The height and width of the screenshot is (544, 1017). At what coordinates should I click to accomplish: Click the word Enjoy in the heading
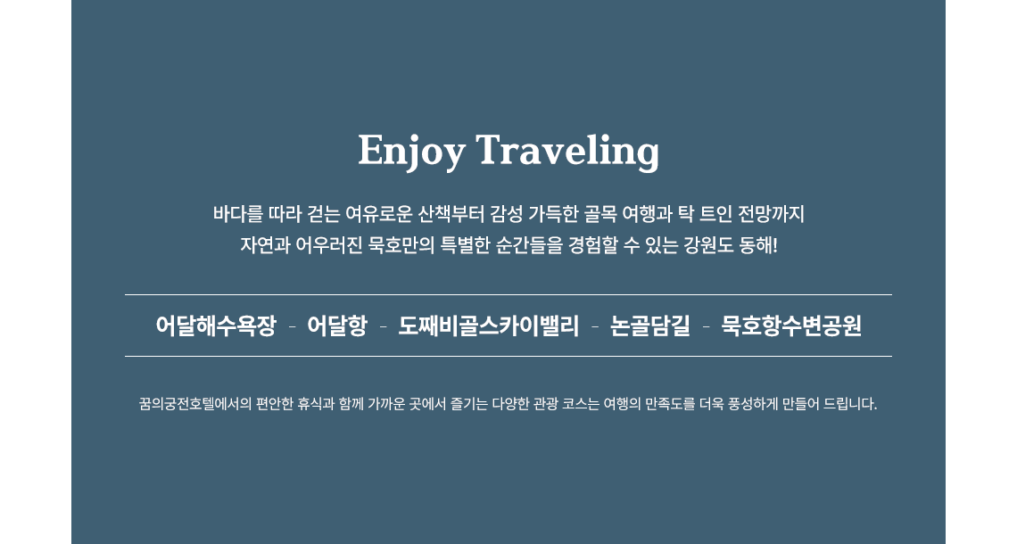coord(411,152)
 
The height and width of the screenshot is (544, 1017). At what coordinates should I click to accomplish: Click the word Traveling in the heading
coord(567,152)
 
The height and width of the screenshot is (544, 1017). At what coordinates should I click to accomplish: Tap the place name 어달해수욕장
coord(216,326)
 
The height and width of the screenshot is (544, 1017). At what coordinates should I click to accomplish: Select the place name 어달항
coord(337,326)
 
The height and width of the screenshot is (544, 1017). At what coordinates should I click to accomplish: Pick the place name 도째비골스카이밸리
coord(488,326)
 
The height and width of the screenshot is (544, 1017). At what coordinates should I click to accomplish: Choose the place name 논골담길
coord(649,326)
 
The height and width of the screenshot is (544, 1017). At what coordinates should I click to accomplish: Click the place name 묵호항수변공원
coord(791,326)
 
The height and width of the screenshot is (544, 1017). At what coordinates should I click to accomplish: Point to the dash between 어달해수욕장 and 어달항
coord(292,326)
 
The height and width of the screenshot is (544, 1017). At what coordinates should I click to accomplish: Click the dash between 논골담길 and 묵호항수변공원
coord(706,326)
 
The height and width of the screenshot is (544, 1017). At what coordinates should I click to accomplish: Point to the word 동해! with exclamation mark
coord(758,246)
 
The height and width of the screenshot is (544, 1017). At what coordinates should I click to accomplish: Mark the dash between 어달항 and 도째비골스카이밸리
coord(383,326)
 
